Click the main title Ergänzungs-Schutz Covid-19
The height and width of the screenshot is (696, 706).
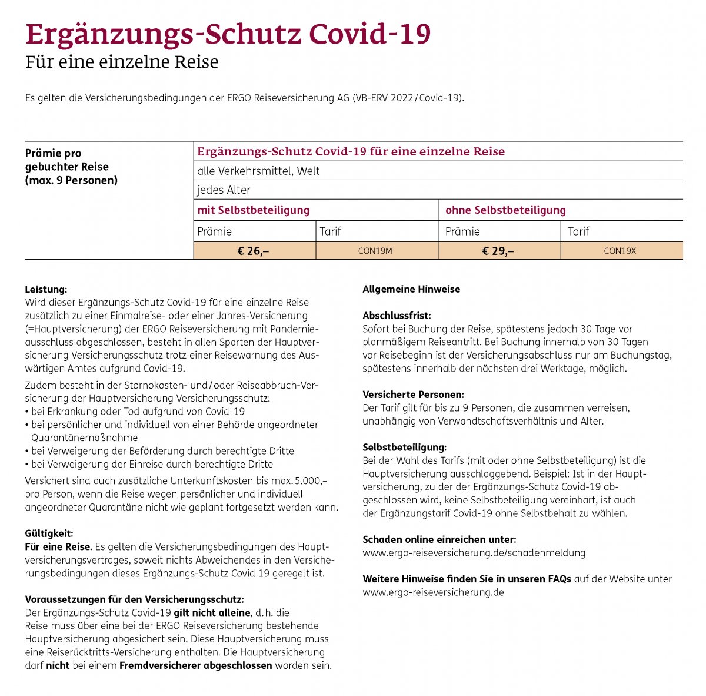click(x=228, y=34)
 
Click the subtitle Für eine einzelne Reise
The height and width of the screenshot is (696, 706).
click(x=122, y=62)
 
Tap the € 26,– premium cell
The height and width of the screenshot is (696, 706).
click(x=254, y=251)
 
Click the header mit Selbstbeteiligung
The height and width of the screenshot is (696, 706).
click(x=254, y=210)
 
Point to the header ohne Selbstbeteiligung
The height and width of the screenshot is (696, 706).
click(x=505, y=210)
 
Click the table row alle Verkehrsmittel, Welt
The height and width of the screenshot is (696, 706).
click(x=259, y=171)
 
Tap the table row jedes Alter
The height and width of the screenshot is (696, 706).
click(x=224, y=190)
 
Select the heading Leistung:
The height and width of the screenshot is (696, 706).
click(x=46, y=290)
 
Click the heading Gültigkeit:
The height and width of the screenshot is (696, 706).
click(x=49, y=533)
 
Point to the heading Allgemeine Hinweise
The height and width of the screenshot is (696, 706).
click(x=411, y=289)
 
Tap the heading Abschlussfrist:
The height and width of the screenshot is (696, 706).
click(x=397, y=316)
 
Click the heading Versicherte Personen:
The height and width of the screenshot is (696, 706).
click(x=413, y=395)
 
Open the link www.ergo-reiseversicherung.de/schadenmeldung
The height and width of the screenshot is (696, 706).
click(x=474, y=552)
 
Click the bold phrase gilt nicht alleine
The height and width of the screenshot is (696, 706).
click(x=212, y=613)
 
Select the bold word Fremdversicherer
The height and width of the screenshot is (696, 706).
click(x=160, y=665)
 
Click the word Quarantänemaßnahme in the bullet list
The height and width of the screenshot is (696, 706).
click(x=85, y=438)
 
